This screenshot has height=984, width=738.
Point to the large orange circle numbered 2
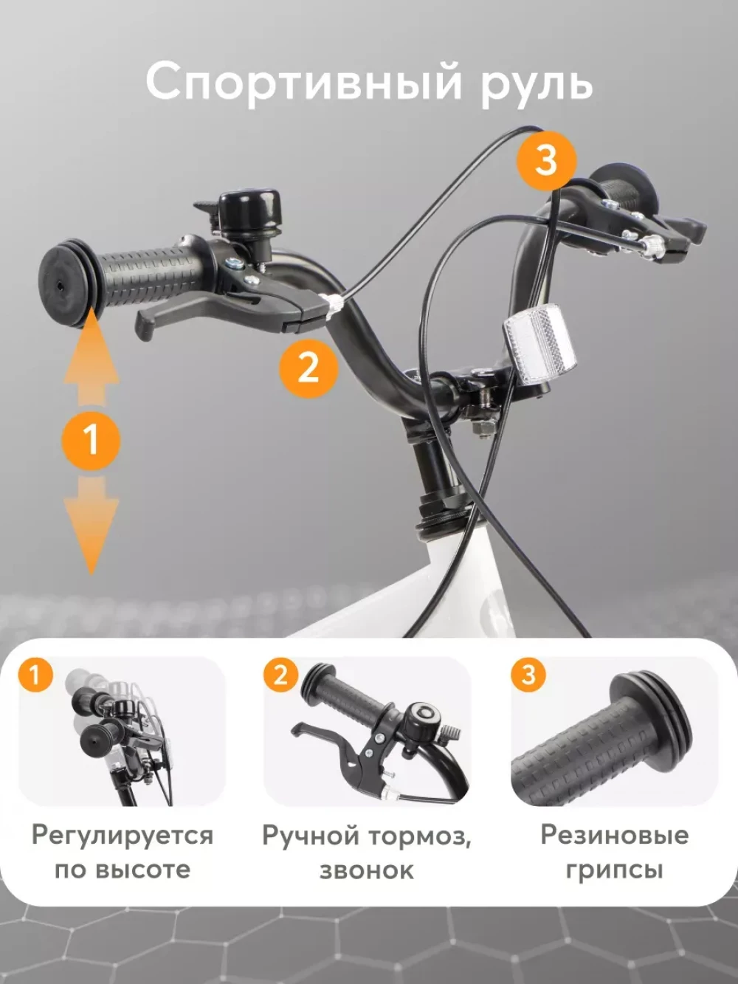click(x=308, y=368)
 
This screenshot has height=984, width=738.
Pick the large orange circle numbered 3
click(x=546, y=160)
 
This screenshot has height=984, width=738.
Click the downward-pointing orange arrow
click(x=91, y=525)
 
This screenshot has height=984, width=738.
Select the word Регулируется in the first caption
click(x=123, y=835)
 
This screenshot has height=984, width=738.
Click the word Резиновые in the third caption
click(x=614, y=835)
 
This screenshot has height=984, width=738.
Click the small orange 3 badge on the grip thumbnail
click(x=528, y=674)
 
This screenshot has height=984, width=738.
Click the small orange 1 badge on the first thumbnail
click(x=35, y=674)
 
